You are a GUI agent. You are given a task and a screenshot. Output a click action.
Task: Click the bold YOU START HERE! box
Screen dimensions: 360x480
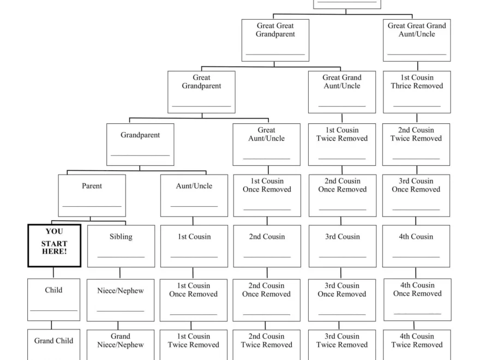tap(54, 245)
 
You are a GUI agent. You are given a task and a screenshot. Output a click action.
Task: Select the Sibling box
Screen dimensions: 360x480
tap(121, 246)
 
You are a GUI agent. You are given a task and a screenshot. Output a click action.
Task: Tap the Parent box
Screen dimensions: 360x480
tap(92, 195)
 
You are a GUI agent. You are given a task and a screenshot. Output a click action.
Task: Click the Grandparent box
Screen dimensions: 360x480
tap(140, 145)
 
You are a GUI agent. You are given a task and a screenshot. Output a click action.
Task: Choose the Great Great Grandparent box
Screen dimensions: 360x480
tap(275, 40)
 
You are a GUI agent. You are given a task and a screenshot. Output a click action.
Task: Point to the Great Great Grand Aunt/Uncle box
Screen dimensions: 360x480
tap(417, 40)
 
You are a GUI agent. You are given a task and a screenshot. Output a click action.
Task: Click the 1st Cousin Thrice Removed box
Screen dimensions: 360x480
tap(417, 92)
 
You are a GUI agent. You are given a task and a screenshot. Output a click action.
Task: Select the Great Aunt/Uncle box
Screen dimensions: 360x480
tap(266, 145)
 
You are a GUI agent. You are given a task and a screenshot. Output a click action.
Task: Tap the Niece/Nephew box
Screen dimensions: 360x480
tap(121, 299)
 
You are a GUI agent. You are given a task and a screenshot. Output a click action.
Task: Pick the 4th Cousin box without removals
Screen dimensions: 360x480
tap(416, 246)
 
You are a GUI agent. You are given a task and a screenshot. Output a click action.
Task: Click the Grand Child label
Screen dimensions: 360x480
tap(53, 341)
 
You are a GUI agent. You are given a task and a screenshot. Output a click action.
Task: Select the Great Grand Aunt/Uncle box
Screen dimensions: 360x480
tap(342, 92)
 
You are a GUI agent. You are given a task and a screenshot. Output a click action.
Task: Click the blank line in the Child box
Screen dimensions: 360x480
tap(53, 310)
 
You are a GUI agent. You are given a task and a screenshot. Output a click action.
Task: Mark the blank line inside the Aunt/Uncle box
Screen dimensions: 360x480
tap(194, 206)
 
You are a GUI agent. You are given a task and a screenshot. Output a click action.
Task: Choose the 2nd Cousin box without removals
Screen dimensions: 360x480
tap(267, 246)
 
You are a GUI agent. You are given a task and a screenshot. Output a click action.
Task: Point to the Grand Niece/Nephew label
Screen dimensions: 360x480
tap(121, 340)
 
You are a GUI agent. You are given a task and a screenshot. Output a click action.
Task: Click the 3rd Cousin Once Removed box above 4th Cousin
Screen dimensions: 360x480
tap(416, 195)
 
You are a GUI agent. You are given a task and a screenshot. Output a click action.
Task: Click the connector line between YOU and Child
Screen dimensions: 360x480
tap(53, 273)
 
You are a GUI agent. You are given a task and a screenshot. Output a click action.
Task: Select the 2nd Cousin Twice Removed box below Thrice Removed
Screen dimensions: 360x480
tap(416, 145)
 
